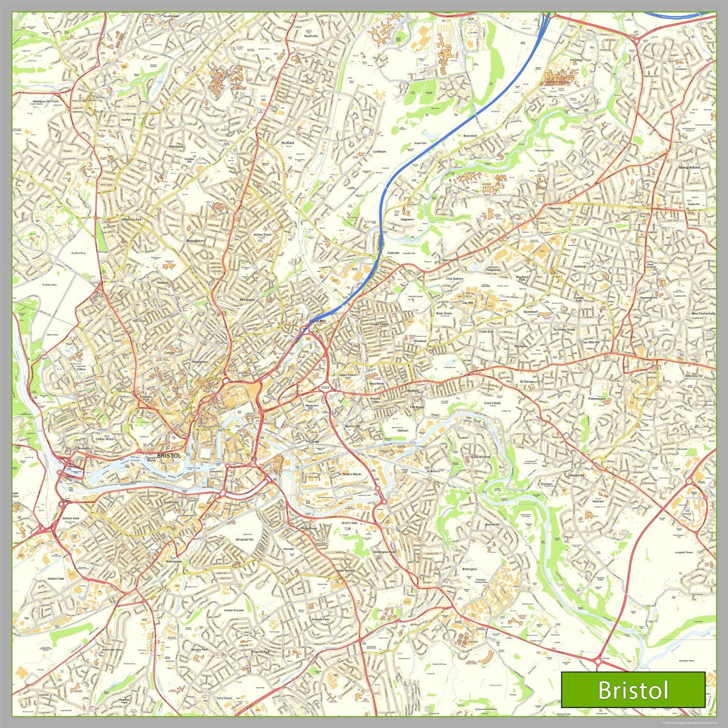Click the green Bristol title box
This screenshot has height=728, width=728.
(x=633, y=689)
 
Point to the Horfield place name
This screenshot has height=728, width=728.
(x=287, y=143)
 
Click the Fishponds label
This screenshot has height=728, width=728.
(x=538, y=208)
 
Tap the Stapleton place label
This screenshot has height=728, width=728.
(x=407, y=219)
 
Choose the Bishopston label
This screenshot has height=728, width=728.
(x=195, y=241)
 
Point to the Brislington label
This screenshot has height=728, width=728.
(x=469, y=569)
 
